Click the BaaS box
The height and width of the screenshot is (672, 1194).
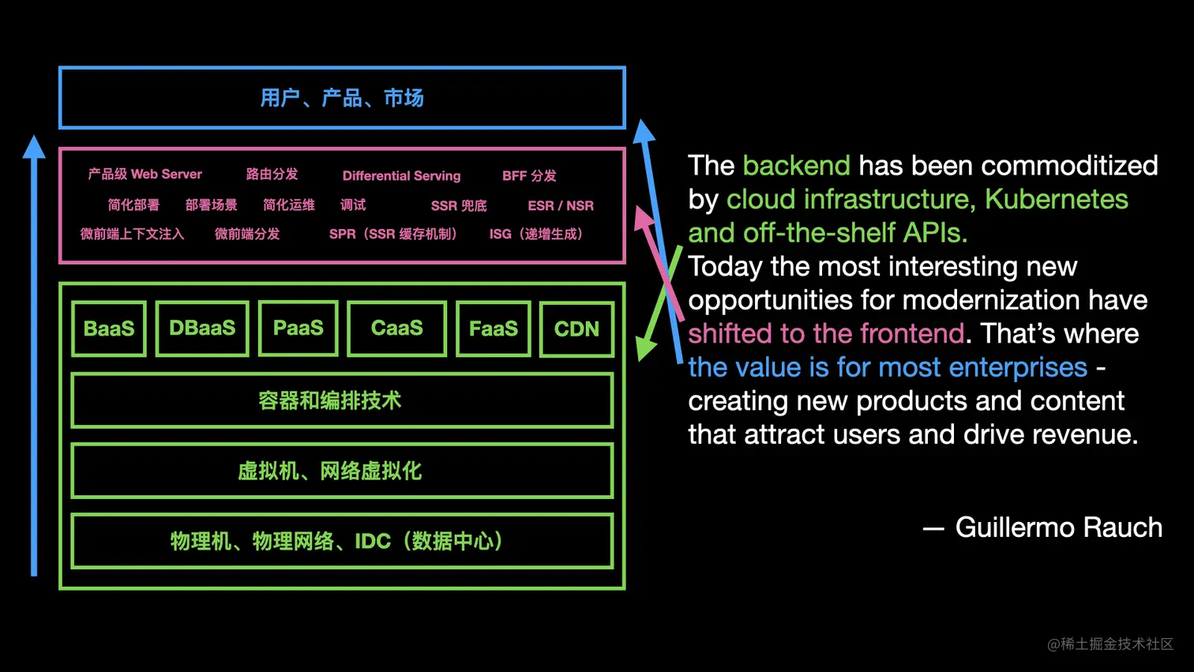(109, 328)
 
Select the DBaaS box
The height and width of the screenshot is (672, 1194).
(202, 328)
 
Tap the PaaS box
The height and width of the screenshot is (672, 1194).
(298, 328)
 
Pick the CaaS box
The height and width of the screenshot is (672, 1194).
(396, 328)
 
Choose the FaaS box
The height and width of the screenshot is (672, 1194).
(493, 328)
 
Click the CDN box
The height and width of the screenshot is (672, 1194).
(576, 328)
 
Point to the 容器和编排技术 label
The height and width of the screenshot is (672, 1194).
(330, 401)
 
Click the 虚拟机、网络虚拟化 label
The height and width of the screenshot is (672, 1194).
(330, 471)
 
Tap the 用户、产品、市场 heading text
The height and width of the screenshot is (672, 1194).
(342, 98)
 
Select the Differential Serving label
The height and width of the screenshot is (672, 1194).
(401, 175)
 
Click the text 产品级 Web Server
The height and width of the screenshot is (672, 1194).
(145, 174)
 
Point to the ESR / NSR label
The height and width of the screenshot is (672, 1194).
(561, 205)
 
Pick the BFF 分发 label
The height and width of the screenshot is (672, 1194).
(529, 175)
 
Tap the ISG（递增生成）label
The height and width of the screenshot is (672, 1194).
(536, 234)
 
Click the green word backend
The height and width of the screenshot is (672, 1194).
(796, 166)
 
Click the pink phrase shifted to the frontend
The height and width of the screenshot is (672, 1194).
(826, 333)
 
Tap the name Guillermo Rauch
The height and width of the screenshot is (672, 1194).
(1058, 527)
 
